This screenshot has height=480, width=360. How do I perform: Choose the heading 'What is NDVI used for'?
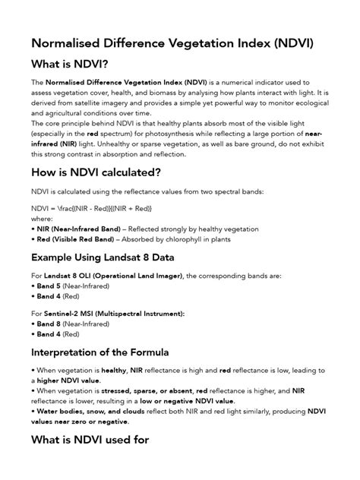click(90, 439)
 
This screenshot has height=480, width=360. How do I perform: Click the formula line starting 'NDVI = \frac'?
click(91, 207)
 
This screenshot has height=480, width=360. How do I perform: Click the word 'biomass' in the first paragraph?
click(156, 92)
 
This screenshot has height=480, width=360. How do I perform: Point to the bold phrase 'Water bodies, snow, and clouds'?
click(84, 411)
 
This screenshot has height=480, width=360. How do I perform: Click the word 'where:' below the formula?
click(43, 217)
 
